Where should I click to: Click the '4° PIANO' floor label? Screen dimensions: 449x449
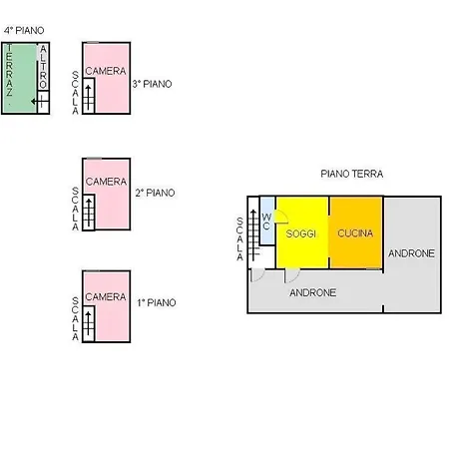click(24, 31)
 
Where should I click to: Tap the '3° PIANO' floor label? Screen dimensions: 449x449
click(153, 84)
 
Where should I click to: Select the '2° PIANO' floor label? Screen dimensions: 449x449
click(155, 193)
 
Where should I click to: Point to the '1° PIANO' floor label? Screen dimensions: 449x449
click(157, 302)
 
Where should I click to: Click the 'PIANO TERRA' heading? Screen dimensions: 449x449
click(352, 174)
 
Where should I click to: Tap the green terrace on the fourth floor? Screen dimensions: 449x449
click(19, 78)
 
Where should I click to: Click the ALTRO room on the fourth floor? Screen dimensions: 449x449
click(43, 67)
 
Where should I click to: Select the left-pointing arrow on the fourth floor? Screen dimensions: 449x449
click(37, 101)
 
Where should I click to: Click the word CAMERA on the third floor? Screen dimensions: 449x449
click(106, 71)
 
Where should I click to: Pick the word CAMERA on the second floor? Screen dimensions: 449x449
click(106, 182)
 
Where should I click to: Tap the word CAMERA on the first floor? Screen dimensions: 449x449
click(106, 296)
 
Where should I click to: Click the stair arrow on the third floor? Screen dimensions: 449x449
click(88, 98)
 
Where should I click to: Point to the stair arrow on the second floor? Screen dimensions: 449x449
click(89, 213)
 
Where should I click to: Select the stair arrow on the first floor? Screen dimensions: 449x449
click(88, 325)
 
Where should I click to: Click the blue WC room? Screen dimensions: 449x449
click(267, 221)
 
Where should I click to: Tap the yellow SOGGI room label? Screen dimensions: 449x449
click(301, 233)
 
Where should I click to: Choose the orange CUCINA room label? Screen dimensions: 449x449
click(355, 233)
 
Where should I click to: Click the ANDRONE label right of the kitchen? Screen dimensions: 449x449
click(411, 253)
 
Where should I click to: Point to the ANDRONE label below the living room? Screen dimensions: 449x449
click(312, 292)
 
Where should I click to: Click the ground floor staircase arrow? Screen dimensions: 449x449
click(253, 235)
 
